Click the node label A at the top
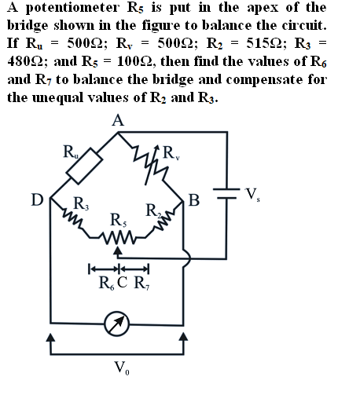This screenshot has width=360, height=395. pyautogui.click(x=118, y=121)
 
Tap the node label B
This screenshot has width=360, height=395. pyautogui.click(x=194, y=200)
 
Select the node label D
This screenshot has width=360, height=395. pyautogui.click(x=37, y=200)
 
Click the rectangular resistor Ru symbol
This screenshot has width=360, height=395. pyautogui.click(x=84, y=166)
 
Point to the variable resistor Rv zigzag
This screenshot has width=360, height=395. pyautogui.click(x=151, y=165)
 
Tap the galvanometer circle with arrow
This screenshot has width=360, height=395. pyautogui.click(x=117, y=324)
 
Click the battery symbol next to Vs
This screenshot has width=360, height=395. pyautogui.click(x=226, y=193)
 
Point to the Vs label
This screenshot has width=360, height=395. pyautogui.click(x=252, y=195)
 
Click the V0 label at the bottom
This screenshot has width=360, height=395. pyautogui.click(x=122, y=368)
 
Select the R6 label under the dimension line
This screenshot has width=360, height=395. pyautogui.click(x=107, y=283)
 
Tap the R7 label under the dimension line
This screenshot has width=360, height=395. pyautogui.click(x=141, y=283)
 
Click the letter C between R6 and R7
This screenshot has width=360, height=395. pyautogui.click(x=123, y=282)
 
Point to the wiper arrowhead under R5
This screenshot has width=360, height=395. pyautogui.click(x=118, y=251)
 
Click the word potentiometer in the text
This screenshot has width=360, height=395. pyautogui.click(x=72, y=8)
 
